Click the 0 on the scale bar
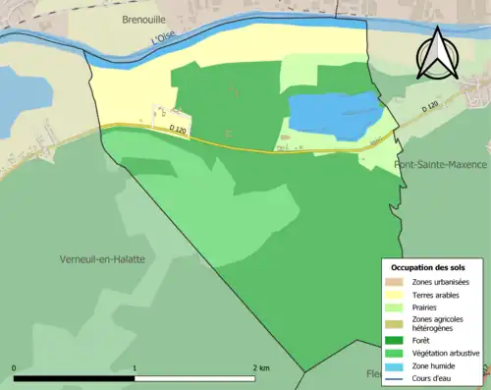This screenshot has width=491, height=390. (x=15, y=367)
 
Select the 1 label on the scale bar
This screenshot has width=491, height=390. (x=135, y=367)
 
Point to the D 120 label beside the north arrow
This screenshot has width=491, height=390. (x=430, y=105)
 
